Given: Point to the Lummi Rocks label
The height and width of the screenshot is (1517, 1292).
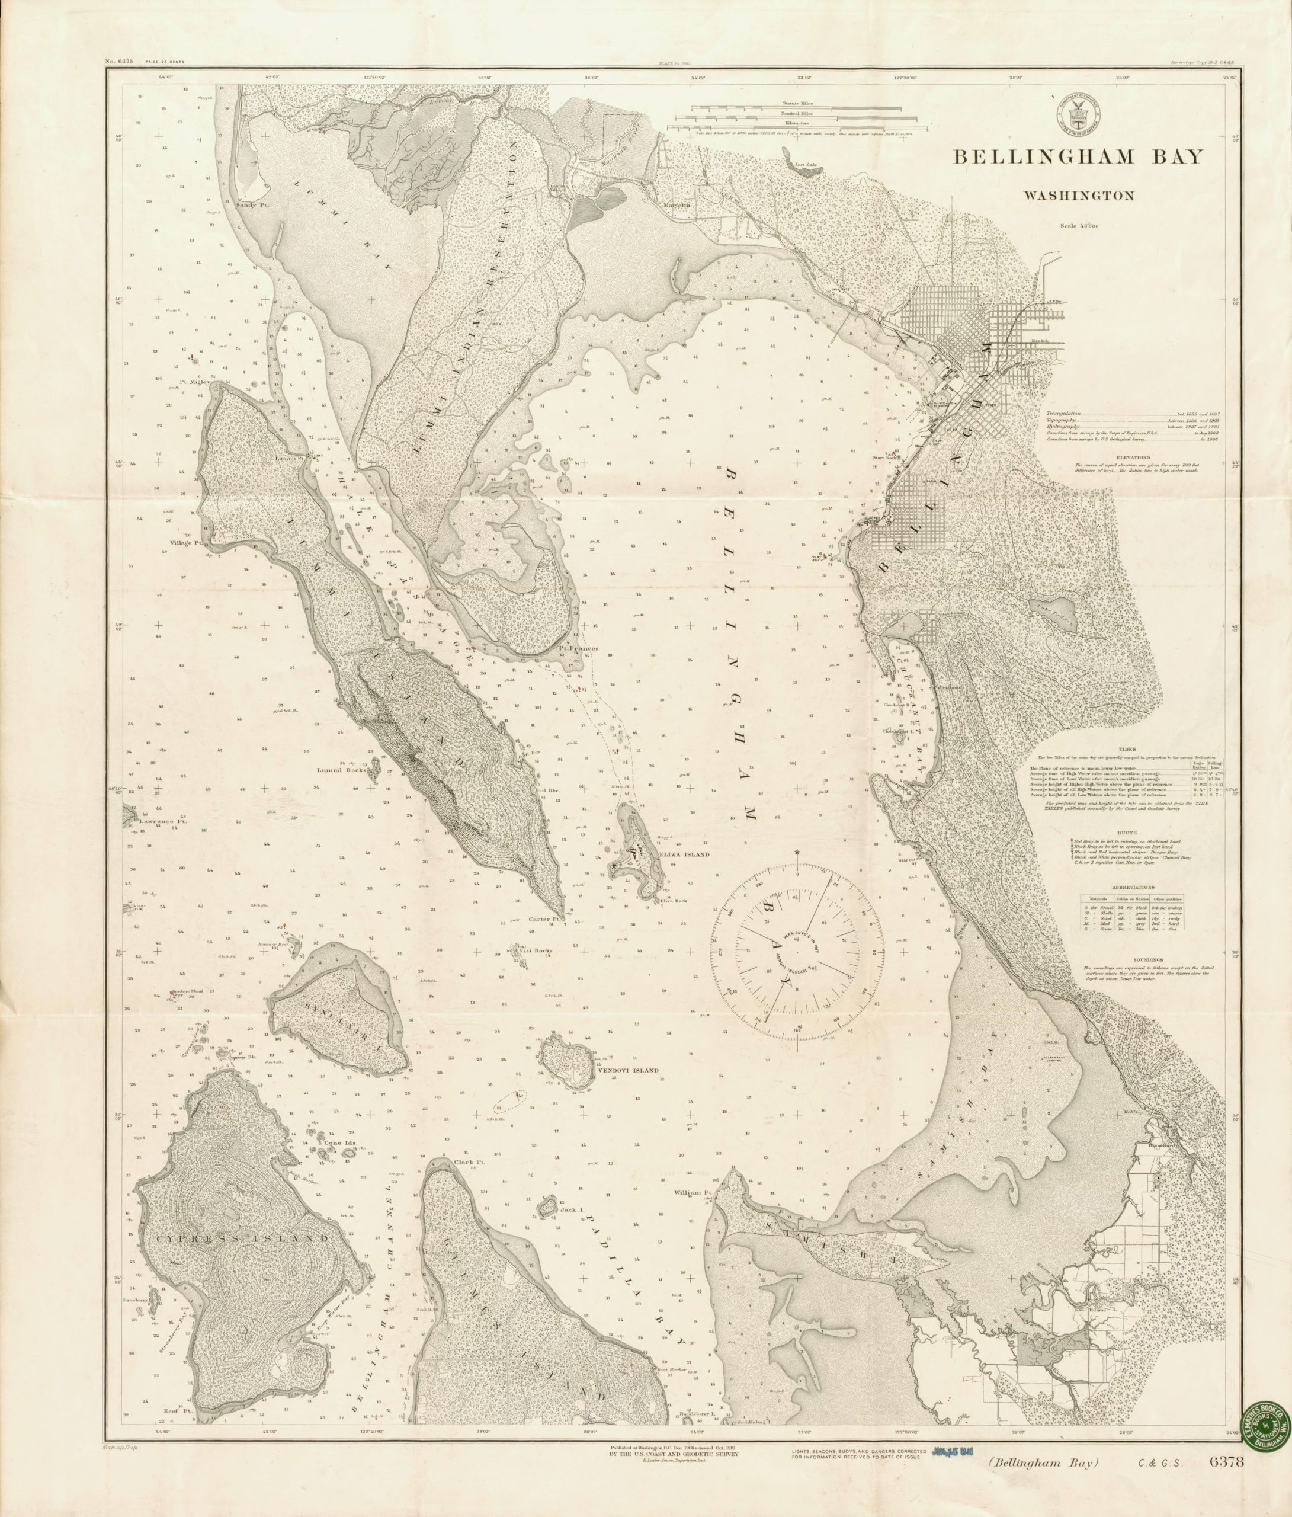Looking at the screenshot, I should point(335,770).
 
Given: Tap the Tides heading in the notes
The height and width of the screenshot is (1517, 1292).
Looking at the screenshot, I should point(1127,750).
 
